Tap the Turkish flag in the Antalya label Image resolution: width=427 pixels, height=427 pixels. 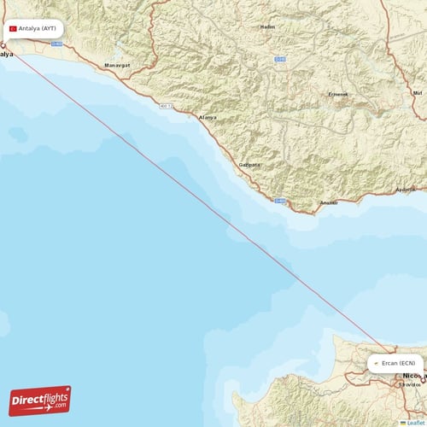click(13, 28)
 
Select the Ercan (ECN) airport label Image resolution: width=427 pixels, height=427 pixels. click(395, 362)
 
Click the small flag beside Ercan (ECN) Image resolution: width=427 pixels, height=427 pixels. click(375, 362)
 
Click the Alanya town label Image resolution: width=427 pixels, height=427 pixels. click(208, 116)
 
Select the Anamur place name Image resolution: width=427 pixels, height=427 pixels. click(328, 202)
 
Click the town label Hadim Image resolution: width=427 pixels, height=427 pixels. click(268, 27)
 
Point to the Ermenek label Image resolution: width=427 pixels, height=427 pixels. click(339, 94)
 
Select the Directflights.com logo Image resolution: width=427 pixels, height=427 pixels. click(40, 400)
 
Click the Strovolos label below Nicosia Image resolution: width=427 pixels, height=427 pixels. click(410, 384)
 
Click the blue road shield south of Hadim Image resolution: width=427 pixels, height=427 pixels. click(278, 59)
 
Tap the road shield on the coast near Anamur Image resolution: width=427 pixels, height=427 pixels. click(278, 201)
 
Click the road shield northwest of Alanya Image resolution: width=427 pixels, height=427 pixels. click(165, 106)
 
